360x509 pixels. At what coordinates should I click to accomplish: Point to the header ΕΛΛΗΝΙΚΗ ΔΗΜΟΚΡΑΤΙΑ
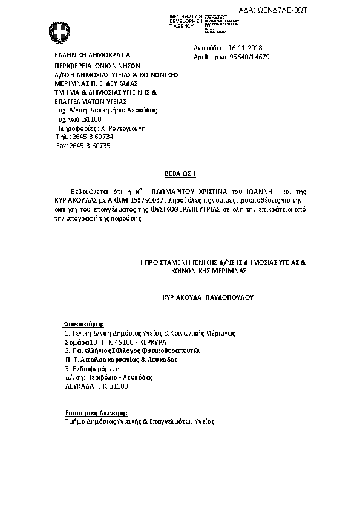coord(81,54)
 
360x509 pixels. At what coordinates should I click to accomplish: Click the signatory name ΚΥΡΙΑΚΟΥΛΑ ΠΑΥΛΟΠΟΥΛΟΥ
coord(208,298)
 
